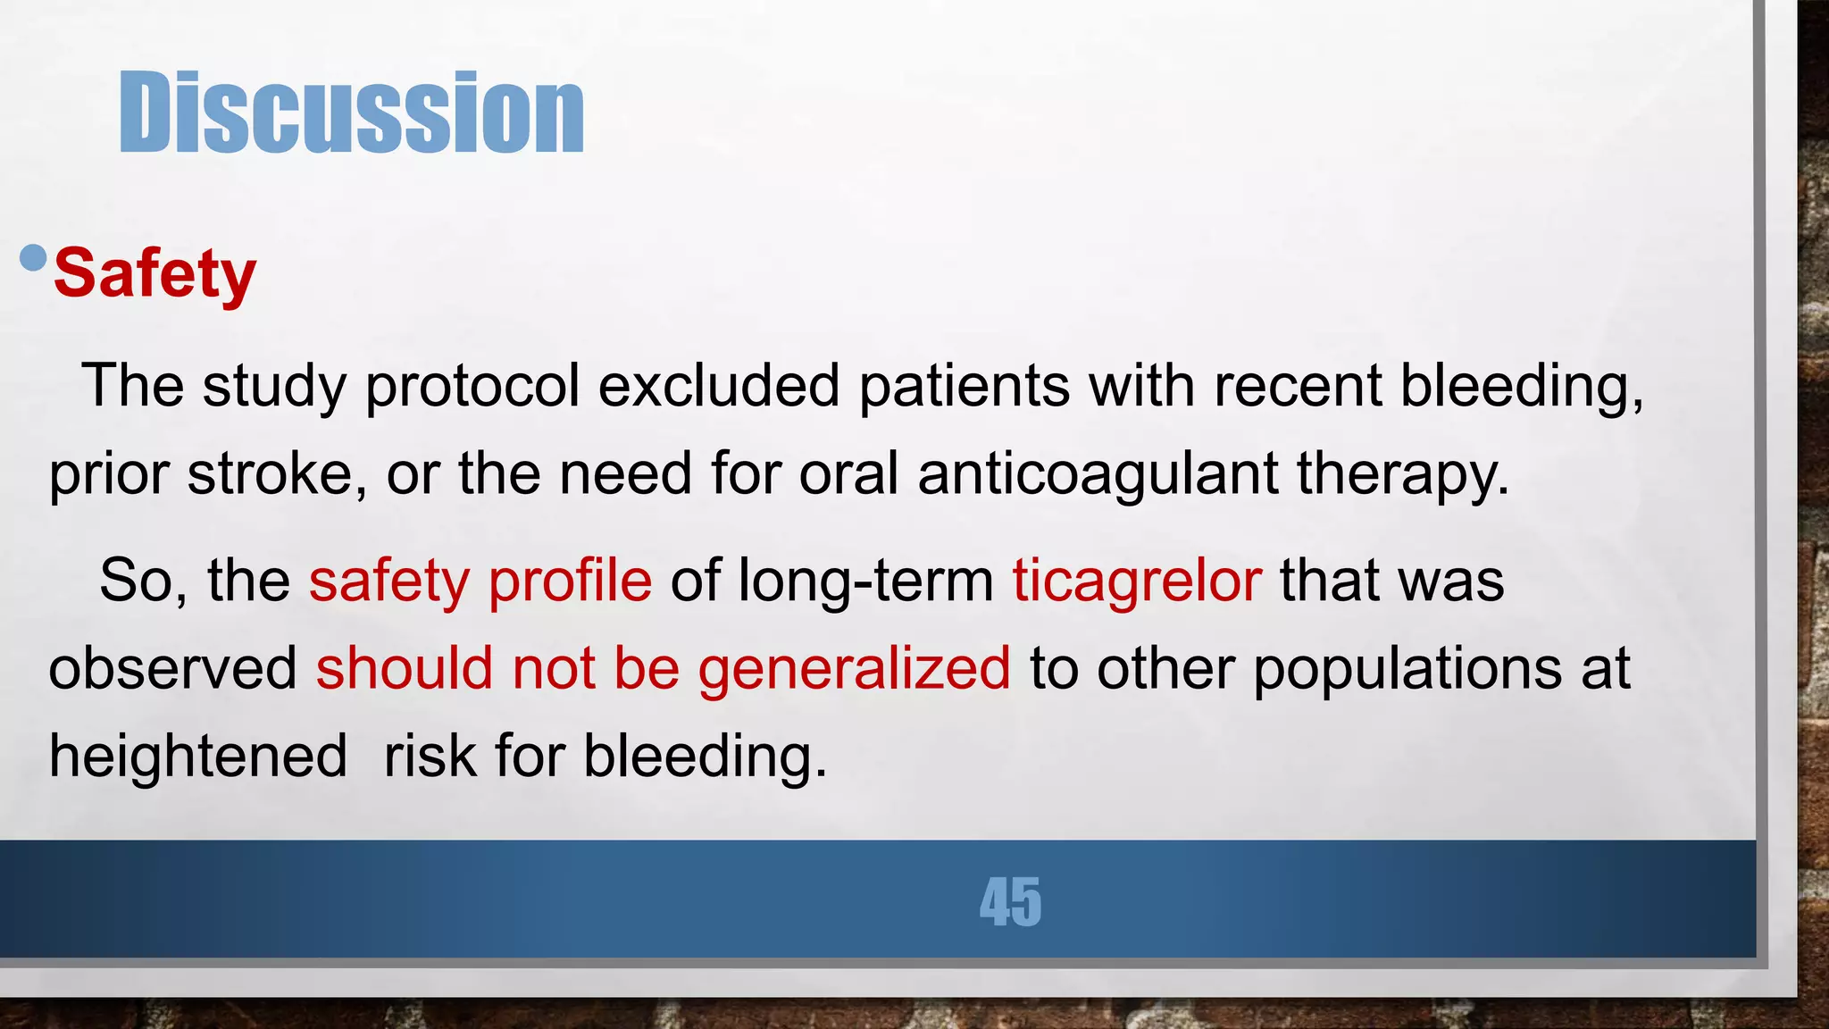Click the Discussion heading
pos(351,113)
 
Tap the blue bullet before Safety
pos(33,258)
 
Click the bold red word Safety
pos(155,273)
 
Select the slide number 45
pos(1010,902)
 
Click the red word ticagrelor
pos(1137,581)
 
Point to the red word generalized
pos(854,668)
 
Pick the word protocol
pos(472,386)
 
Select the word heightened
pos(198,756)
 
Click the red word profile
pos(570,581)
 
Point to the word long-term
pos(865,581)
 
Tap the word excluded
pos(719,386)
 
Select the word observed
pos(172,668)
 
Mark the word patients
pos(965,386)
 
